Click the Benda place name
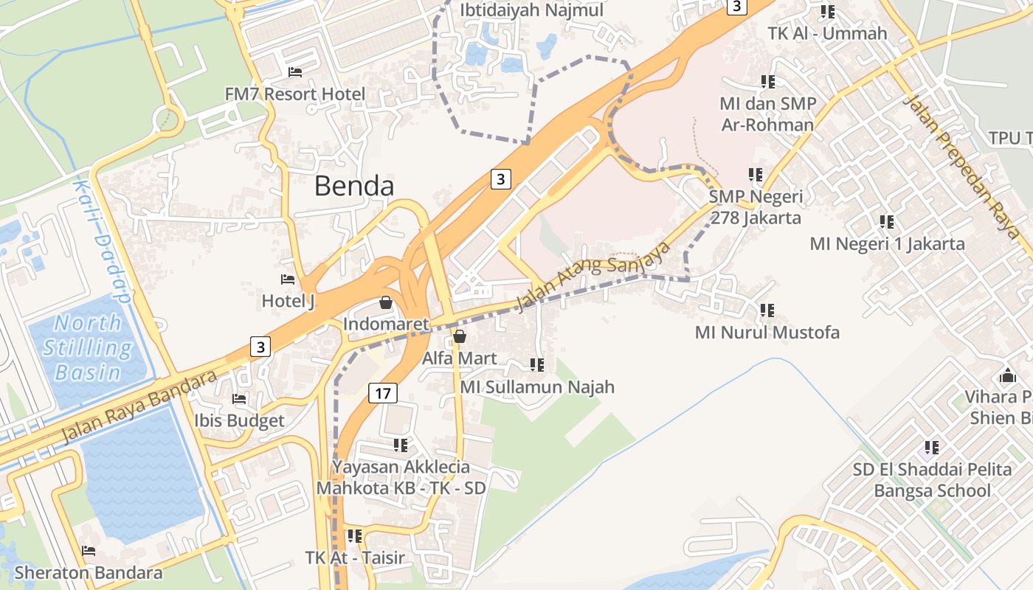pos(354,186)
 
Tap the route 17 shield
pos(382,393)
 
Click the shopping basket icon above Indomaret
pos(385,302)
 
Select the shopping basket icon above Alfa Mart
pos(460,337)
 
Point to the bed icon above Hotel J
pos(288,280)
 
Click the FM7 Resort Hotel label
pos(295,94)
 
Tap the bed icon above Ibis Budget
pos(239,399)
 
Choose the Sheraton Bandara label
pos(89,572)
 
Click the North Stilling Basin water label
pos(88,347)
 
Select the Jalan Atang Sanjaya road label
pos(593,276)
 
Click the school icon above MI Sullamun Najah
pos(537,365)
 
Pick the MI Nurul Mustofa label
pos(767,333)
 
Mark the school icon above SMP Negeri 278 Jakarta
pos(755,175)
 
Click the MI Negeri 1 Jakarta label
pos(887,243)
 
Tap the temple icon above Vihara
pos(1007,376)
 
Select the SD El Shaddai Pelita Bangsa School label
pos(932,480)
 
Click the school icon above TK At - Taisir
pos(355,536)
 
